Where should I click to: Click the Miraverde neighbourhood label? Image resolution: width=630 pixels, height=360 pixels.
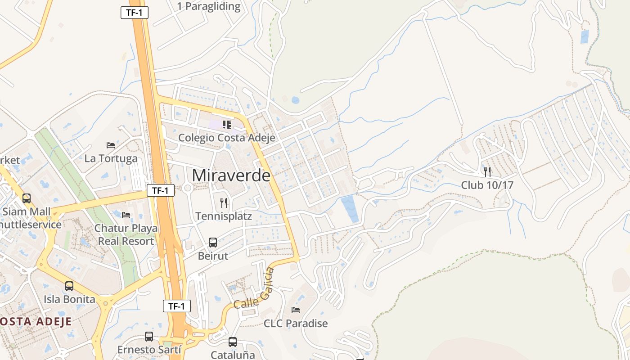click(x=231, y=175)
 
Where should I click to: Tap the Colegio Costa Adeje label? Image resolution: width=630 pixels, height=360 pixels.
click(x=226, y=138)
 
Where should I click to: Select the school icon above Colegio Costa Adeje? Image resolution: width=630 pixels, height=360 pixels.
click(x=226, y=125)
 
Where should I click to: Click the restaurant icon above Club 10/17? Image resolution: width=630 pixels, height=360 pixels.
click(x=487, y=171)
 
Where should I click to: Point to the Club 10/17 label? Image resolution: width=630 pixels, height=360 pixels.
click(x=487, y=185)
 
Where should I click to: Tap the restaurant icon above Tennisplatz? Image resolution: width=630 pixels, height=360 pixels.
click(x=224, y=203)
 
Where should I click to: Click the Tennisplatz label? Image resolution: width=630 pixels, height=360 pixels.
click(x=224, y=216)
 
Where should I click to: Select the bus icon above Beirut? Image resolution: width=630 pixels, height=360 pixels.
click(x=213, y=243)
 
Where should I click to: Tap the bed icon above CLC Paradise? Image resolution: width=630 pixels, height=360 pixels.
click(x=296, y=310)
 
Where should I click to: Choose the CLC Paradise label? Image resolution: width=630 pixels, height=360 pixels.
click(x=296, y=323)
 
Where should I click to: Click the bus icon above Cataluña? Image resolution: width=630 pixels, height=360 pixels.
click(x=233, y=342)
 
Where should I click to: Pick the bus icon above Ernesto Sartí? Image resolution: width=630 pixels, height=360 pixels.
click(x=149, y=337)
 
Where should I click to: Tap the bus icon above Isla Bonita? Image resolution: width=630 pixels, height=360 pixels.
click(x=69, y=286)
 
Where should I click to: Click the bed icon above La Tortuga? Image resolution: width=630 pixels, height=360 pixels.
click(x=111, y=145)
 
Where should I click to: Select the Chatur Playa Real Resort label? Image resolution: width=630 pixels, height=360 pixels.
click(x=126, y=234)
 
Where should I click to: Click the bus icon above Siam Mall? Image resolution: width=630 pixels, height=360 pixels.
click(x=27, y=198)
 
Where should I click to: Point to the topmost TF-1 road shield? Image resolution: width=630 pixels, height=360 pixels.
click(x=134, y=13)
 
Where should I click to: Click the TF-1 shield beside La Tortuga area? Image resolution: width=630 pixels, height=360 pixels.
click(x=161, y=190)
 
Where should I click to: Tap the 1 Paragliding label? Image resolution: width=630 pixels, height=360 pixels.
click(x=209, y=7)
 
